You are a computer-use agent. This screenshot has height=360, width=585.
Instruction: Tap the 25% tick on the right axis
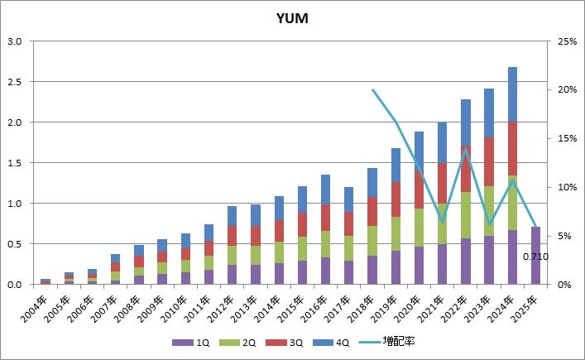567,41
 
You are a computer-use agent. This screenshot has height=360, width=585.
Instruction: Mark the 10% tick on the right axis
567,187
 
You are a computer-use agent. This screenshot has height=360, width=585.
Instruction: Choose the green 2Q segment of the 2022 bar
466,215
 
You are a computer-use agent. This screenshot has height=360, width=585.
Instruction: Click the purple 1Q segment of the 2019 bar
396,267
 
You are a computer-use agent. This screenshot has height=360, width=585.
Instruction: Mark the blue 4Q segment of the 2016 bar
325,190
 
